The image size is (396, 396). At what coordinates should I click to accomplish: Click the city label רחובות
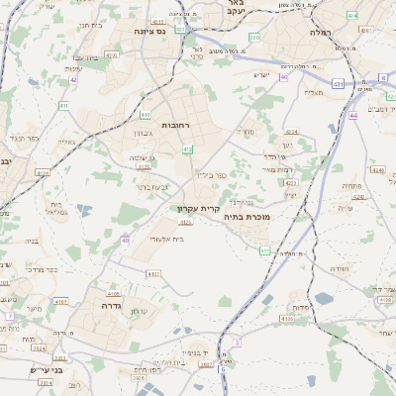coord(176,127)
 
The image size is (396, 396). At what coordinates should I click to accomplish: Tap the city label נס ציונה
coord(156,32)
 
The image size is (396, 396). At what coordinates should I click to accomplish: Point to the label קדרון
coord(139,312)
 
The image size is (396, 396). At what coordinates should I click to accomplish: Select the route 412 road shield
coord(188,148)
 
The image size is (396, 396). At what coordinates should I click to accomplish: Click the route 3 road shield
coord(238,342)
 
